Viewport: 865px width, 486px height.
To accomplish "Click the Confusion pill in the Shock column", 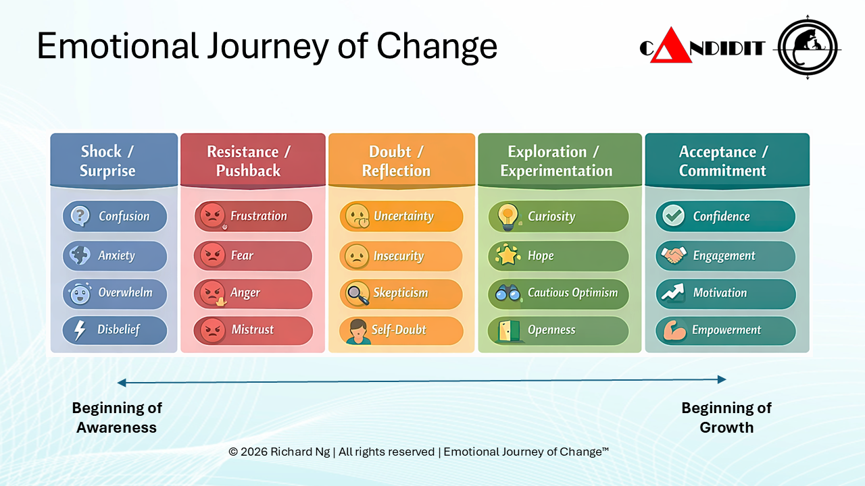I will (115, 217).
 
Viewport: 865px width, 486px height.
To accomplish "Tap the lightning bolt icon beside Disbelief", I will (80, 330).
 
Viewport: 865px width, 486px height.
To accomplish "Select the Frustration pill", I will (253, 217).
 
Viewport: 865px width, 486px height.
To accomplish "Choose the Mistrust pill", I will (253, 330).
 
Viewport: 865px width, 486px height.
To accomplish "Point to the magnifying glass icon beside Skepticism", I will (357, 293).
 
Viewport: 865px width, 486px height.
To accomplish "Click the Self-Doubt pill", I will (401, 330).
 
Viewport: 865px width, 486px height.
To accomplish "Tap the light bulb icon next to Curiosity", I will (506, 216).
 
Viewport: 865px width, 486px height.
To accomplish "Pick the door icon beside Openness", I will (506, 330).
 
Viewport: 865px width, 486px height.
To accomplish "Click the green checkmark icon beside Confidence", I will (673, 216).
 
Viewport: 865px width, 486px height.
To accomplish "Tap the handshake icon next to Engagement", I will (673, 256).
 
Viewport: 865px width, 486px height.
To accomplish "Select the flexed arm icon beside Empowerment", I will (673, 330).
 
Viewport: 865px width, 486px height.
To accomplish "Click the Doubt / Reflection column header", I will (401, 161).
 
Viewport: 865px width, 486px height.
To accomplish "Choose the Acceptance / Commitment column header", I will (726, 161).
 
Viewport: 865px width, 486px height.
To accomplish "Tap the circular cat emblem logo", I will (808, 47).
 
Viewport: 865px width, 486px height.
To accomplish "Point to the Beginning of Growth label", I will (726, 417).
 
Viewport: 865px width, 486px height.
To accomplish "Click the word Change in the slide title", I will (437, 46).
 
